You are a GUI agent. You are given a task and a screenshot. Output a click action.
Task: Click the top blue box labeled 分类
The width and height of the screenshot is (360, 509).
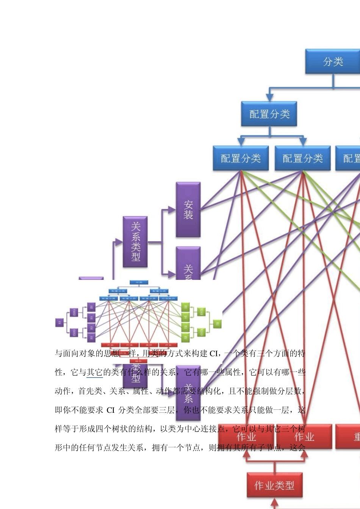pos(333,61)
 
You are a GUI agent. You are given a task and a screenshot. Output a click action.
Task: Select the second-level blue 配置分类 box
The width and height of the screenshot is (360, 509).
pos(269,114)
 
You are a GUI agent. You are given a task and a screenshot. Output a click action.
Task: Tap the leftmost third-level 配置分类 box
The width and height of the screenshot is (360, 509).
pos(241,158)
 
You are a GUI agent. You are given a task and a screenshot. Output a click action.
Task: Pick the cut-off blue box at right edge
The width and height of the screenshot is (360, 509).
pos(348,158)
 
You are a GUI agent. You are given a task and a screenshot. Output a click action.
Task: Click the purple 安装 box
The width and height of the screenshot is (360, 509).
pos(188,210)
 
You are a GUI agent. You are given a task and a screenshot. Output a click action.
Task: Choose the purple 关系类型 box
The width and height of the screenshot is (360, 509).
pos(135,242)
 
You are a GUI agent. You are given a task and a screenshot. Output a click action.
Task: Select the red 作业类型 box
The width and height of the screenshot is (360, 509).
pos(274,485)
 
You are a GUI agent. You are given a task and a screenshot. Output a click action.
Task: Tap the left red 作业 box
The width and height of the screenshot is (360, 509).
pos(246,437)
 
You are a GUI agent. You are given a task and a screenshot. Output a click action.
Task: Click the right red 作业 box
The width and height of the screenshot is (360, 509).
pos(304,437)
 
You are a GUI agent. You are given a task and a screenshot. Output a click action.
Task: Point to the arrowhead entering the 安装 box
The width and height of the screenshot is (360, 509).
pos(172,210)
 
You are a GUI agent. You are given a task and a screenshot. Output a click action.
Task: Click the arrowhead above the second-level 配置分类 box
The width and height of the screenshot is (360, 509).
pos(269,97)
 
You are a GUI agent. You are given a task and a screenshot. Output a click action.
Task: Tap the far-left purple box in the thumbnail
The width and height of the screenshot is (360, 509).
pos(59,322)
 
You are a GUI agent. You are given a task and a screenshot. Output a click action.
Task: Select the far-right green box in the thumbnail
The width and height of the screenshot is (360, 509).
pos(217,323)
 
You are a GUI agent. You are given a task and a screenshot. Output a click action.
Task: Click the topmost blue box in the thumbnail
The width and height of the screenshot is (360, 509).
pos(139,282)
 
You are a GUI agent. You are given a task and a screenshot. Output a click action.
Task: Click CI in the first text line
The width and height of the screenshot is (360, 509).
pos(214,354)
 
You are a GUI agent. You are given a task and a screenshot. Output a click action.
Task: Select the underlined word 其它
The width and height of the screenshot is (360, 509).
pos(94,373)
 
